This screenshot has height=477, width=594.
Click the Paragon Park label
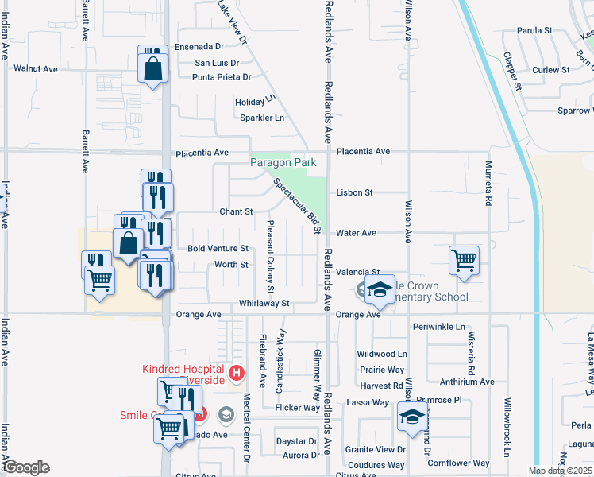click(x=283, y=162)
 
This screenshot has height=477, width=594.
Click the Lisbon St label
click(x=354, y=192)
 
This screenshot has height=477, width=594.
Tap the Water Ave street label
click(x=356, y=233)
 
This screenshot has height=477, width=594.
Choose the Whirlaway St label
click(x=264, y=303)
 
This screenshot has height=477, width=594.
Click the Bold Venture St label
click(x=218, y=248)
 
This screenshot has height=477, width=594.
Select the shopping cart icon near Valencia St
click(x=464, y=259)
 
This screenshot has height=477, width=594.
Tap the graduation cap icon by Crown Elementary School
click(x=380, y=290)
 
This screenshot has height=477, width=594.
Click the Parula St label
click(x=534, y=31)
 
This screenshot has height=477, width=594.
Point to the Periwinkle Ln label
click(x=438, y=327)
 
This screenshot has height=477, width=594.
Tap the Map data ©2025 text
click(x=561, y=471)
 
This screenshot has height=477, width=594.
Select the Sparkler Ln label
click(x=262, y=118)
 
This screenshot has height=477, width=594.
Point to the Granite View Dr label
click(x=376, y=449)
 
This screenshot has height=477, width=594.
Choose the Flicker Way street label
click(x=297, y=408)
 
